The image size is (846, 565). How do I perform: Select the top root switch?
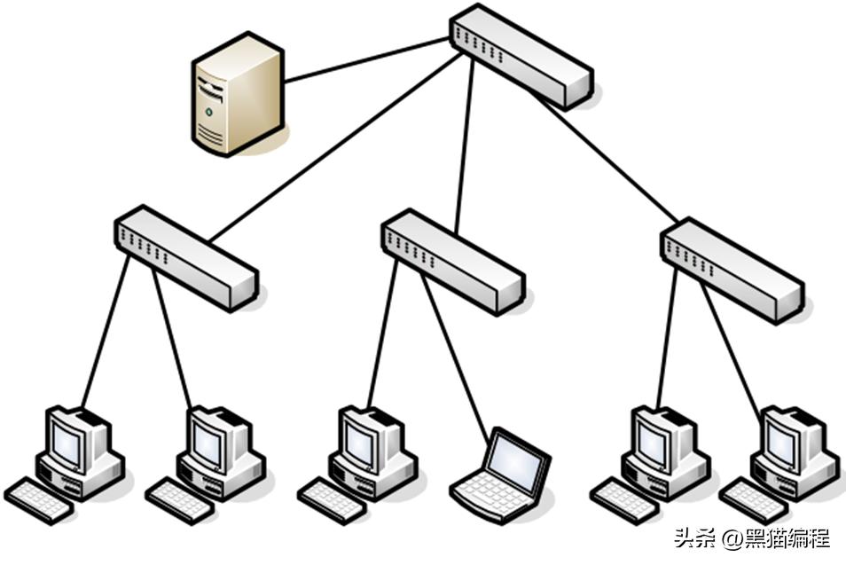point(520,56)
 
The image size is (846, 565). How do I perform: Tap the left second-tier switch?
point(185,257)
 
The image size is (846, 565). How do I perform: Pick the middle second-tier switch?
point(452,260)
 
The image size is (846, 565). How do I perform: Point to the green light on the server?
point(208,113)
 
